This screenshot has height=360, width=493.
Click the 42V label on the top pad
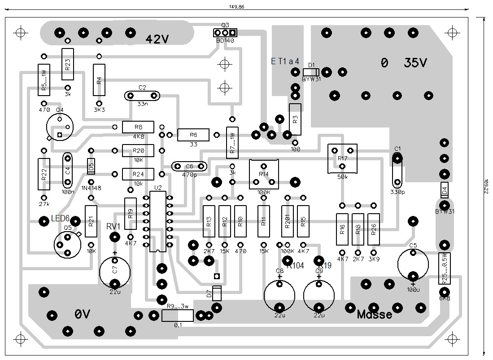157,40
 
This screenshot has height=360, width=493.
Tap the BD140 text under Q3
225,40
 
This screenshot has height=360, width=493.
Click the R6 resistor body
193,134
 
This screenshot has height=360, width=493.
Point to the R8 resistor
138,127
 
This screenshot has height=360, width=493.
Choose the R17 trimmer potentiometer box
343,158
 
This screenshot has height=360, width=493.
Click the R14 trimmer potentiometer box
264,174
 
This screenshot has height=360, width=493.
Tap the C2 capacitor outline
142,96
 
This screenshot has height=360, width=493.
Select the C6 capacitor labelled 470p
189,167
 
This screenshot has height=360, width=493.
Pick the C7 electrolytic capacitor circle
115,271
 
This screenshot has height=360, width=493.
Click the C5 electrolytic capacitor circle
413,264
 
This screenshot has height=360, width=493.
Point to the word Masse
375,315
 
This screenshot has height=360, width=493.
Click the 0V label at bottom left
83,315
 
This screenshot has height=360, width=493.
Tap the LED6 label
60,218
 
